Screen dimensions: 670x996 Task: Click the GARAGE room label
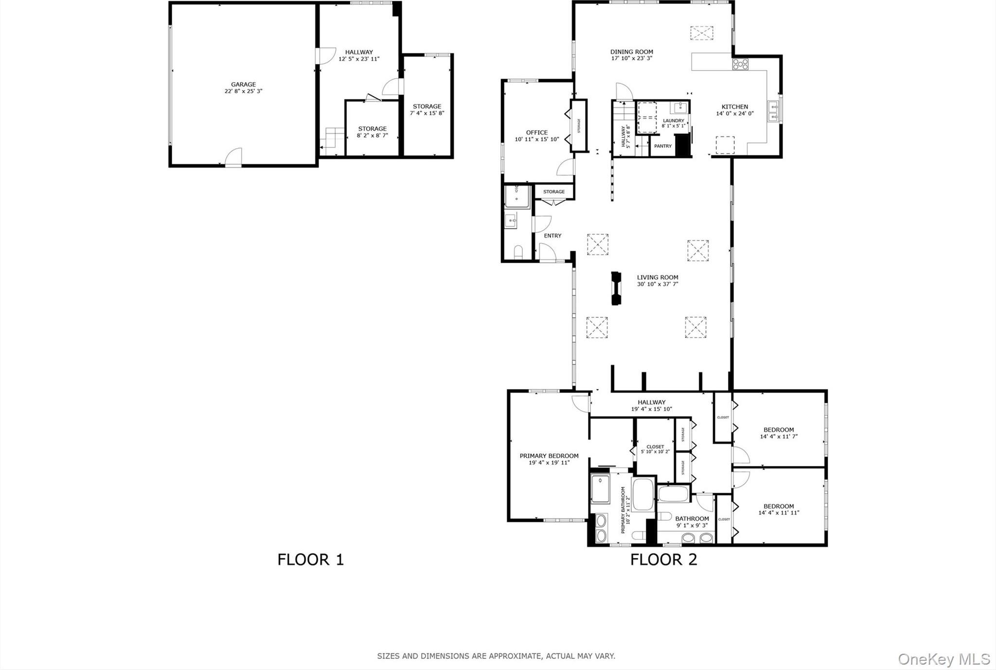coord(243,85)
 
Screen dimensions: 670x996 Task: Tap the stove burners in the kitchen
coord(740,64)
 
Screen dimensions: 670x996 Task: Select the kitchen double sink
coord(773,111)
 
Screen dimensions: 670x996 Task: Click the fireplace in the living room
coord(616,288)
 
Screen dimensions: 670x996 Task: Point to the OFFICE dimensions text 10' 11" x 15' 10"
coord(537,139)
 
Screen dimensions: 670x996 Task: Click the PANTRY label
coord(662,146)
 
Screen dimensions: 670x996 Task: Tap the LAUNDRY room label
coord(674,120)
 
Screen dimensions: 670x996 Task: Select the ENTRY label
coord(552,236)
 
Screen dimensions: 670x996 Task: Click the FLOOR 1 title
coord(310,560)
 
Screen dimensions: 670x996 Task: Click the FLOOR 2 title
coord(663,560)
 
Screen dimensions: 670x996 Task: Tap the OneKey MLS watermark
coord(943,659)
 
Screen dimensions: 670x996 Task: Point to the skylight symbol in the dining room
coord(701,33)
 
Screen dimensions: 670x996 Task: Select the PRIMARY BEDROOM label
coord(549,456)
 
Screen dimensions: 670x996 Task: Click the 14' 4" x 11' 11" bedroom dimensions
coord(779,513)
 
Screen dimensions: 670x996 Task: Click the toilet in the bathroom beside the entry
coord(518,252)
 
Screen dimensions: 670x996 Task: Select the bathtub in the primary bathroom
coord(643,494)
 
